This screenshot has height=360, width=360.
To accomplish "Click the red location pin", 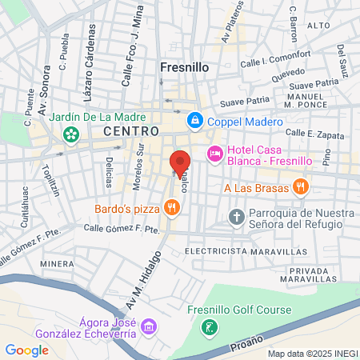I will pyautogui.click(x=179, y=162).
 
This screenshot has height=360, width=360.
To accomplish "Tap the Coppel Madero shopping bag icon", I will pyautogui.click(x=194, y=122).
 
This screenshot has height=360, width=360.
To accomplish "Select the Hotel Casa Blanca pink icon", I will pyautogui.click(x=214, y=154).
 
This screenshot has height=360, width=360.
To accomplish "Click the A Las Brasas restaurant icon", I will pyautogui.click(x=300, y=187).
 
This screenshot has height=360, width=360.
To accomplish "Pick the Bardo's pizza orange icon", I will pyautogui.click(x=170, y=208).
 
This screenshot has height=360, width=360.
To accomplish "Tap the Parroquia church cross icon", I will pyautogui.click(x=236, y=217).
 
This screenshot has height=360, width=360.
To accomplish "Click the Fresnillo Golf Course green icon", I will pyautogui.click(x=209, y=326).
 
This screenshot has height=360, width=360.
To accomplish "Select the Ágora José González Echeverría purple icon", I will pyautogui.click(x=148, y=326).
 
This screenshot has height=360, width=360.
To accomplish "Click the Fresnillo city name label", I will pyautogui.click(x=185, y=68).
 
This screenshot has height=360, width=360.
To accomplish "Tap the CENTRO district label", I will pyautogui.click(x=130, y=130).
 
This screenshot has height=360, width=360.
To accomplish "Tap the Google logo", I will pyautogui.click(x=26, y=350).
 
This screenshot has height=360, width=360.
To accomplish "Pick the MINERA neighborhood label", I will pyautogui.click(x=57, y=262).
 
